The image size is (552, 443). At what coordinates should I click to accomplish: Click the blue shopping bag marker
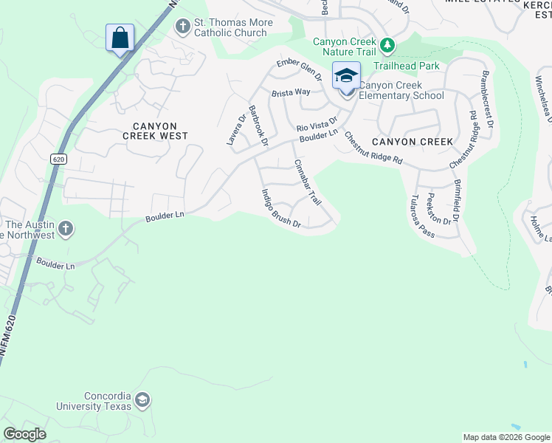coord(120,38)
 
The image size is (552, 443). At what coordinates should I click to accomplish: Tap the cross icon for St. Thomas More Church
coord(182,27)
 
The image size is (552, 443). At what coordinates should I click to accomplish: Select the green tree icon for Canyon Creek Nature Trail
coord(387,46)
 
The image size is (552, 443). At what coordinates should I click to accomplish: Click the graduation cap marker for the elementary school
coord(346,76)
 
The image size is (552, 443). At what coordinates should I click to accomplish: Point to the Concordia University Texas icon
coord(142,401)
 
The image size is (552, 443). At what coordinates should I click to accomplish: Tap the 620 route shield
coord(59,159)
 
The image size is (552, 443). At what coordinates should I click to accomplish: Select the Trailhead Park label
coord(406,66)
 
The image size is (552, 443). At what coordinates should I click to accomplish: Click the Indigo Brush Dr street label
coord(280,208)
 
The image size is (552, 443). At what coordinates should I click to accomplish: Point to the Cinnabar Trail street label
coord(308,182)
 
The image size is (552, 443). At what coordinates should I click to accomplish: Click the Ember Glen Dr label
coord(300,71)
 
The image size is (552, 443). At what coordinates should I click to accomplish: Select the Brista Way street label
coord(291,93)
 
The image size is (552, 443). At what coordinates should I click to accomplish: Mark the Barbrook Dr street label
coord(258,125)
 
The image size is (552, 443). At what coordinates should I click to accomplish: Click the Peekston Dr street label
coord(438,209)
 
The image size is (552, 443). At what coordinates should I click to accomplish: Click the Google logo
coord(24,434)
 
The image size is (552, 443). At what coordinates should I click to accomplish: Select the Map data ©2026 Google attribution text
coord(506,437)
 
